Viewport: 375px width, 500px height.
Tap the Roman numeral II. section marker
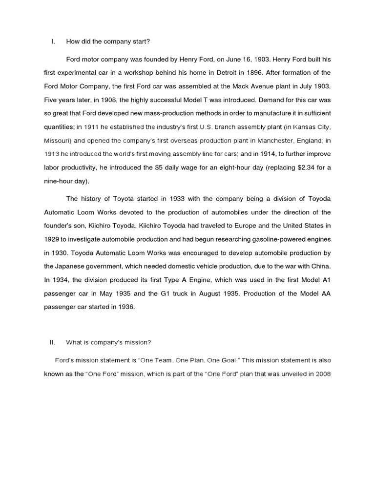click(54, 342)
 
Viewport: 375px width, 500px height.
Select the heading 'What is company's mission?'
click(111, 342)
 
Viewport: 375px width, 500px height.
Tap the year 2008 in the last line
click(321, 374)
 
